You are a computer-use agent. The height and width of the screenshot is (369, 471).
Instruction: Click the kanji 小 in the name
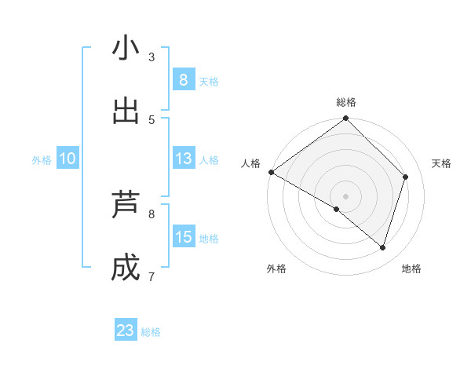click(126, 49)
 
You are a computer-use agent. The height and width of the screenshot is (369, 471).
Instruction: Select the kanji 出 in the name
click(126, 111)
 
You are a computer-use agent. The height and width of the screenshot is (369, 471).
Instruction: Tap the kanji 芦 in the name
click(126, 205)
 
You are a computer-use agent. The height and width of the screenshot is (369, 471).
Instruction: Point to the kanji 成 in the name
click(126, 268)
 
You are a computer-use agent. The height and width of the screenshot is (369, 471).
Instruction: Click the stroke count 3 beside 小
click(152, 57)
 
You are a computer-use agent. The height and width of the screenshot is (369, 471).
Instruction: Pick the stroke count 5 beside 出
click(152, 119)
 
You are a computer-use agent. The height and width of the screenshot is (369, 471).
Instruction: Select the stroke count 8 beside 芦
click(152, 214)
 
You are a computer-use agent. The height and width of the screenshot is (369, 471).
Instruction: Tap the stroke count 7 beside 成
click(152, 276)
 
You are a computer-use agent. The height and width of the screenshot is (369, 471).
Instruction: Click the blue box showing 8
click(183, 80)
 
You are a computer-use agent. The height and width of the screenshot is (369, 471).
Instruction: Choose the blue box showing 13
click(183, 159)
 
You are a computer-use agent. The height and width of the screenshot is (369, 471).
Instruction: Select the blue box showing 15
click(183, 237)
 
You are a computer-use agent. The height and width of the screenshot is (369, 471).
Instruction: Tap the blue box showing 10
click(68, 159)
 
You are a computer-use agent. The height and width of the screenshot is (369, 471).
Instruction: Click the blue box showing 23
click(126, 331)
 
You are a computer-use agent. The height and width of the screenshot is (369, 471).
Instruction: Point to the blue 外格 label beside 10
click(42, 159)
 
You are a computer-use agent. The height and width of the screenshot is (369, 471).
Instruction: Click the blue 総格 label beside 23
click(152, 331)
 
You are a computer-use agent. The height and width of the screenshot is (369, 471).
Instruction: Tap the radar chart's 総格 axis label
click(346, 102)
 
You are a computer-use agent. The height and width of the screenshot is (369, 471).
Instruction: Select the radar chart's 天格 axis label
click(441, 163)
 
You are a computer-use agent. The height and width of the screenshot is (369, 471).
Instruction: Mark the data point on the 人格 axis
click(271, 172)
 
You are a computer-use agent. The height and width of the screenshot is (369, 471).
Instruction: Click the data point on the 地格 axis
click(382, 247)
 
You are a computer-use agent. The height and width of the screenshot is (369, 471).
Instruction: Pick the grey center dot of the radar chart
click(345, 195)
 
